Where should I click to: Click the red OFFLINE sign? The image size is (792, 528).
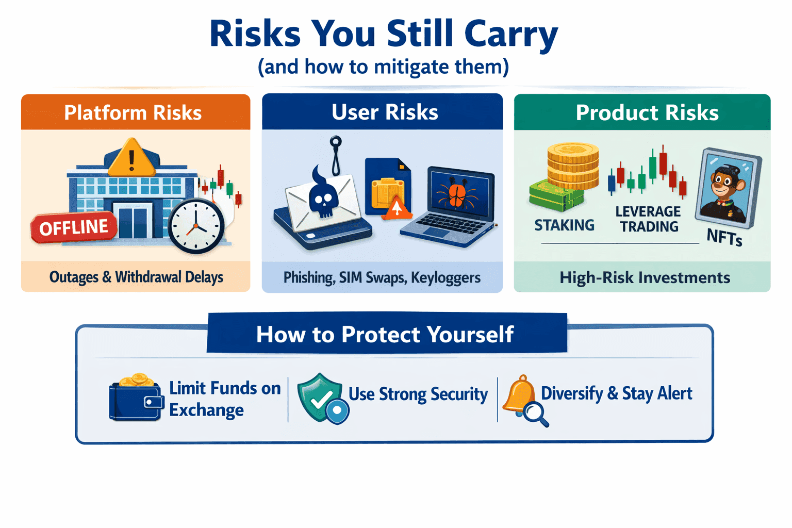[74, 227]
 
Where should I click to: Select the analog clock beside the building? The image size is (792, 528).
[196, 226]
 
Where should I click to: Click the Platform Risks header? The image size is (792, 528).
[133, 112]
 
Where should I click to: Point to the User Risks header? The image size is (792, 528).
[384, 112]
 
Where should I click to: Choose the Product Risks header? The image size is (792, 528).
[647, 112]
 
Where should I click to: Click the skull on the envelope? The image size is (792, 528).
[323, 199]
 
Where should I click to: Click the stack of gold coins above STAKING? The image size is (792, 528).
[573, 166]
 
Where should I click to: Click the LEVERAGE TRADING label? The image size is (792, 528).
[648, 219]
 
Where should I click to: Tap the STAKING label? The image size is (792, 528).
[564, 225]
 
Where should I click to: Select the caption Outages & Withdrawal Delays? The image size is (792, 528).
[136, 277]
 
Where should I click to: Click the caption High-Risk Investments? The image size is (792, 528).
[645, 278]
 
